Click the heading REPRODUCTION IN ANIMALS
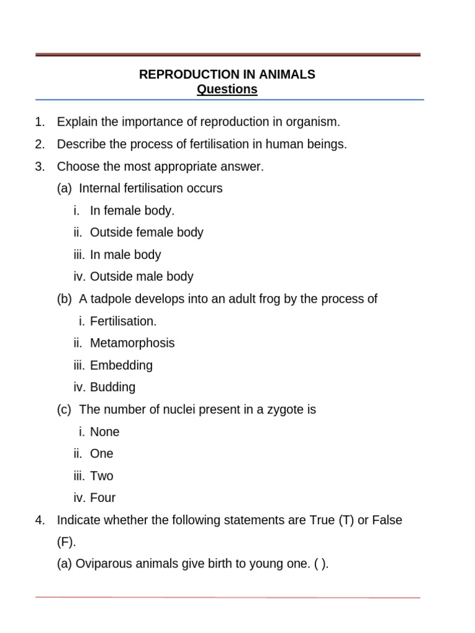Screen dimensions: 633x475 pyautogui.click(x=227, y=75)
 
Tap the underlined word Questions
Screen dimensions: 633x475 pyautogui.click(x=227, y=90)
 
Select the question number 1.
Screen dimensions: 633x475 pyautogui.click(x=40, y=122)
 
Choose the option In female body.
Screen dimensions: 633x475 pyautogui.click(x=132, y=211)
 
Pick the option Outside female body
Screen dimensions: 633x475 pyautogui.click(x=146, y=233)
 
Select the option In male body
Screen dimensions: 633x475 pyautogui.click(x=125, y=255)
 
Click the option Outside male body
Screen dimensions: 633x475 pyautogui.click(x=142, y=277)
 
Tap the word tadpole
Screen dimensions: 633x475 pyautogui.click(x=111, y=299)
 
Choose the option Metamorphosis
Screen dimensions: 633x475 pyautogui.click(x=132, y=343)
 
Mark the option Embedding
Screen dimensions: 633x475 pyautogui.click(x=121, y=365)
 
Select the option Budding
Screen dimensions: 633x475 pyautogui.click(x=112, y=388)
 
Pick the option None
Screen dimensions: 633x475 pyautogui.click(x=105, y=432)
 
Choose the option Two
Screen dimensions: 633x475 pyautogui.click(x=101, y=476)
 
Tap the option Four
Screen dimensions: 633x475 pyautogui.click(x=103, y=498)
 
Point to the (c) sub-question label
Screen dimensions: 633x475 pyautogui.click(x=64, y=410)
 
